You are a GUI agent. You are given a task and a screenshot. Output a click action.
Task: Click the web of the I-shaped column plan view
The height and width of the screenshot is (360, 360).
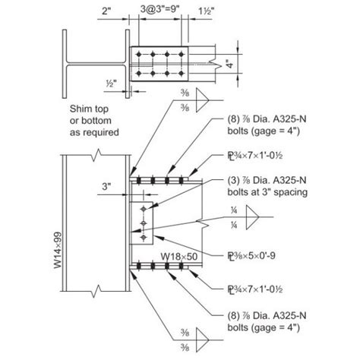(91, 64)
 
